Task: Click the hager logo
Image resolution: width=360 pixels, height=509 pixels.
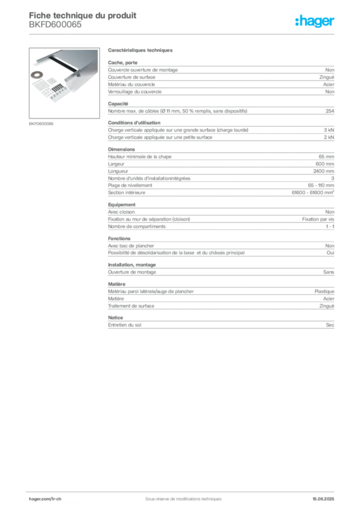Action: pos(315,21)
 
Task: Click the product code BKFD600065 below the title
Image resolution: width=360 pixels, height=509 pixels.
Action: pos(55,25)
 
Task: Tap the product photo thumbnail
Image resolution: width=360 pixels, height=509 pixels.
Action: pos(64,83)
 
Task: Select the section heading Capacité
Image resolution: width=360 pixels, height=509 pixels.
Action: pos(118,104)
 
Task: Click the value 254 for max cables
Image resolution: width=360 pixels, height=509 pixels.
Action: pos(330,111)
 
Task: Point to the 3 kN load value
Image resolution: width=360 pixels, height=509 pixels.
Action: pos(329,130)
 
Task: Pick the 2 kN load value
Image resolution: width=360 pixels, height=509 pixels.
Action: pos(329,137)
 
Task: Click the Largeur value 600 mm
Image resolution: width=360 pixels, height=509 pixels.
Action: pos(325,164)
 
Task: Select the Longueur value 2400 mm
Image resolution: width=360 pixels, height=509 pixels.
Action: pos(324,171)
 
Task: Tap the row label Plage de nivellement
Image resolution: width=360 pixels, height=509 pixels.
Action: pos(130,185)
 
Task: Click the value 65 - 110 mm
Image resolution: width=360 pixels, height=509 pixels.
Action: pos(321,185)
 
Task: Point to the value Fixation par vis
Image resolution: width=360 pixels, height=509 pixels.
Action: pos(318,219)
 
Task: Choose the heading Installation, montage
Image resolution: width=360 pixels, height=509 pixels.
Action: pos(132,265)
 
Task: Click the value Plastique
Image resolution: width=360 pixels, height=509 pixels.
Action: pos(324,291)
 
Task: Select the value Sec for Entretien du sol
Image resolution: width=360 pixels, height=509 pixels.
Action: pos(330,325)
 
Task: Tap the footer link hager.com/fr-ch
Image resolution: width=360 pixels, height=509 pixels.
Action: pos(45,499)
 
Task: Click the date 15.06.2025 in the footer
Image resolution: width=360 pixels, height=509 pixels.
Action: pos(323,499)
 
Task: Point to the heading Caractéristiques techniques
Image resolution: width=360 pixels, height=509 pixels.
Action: pos(140,50)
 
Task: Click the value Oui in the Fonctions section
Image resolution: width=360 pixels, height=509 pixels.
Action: pos(331,253)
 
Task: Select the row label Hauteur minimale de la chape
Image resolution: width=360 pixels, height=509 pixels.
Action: pos(140,157)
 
